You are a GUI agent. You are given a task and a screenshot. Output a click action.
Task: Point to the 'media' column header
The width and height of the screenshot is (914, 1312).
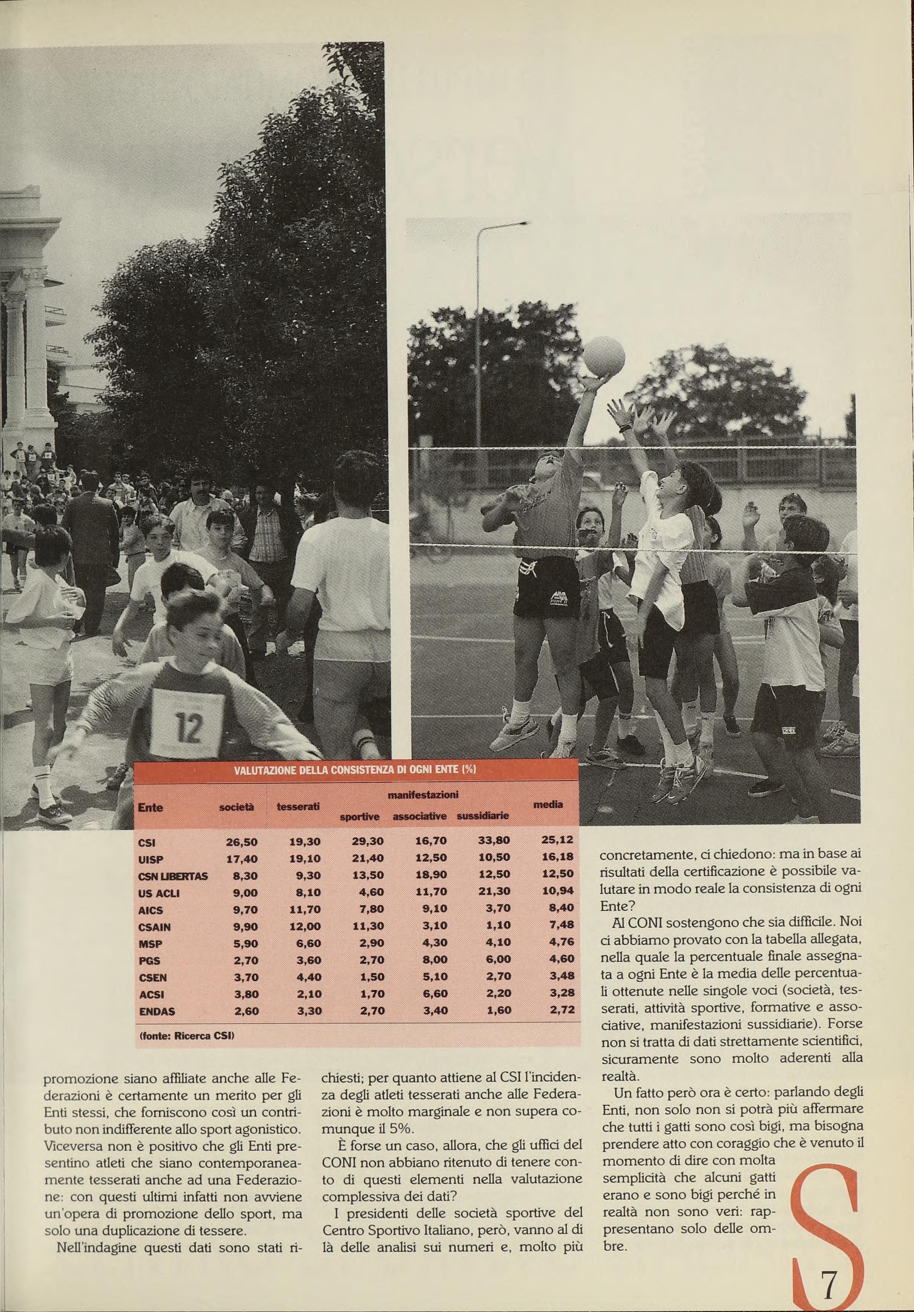coord(547,804)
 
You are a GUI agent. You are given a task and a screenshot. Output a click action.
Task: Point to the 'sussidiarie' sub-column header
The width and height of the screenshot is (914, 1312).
coord(483,816)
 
